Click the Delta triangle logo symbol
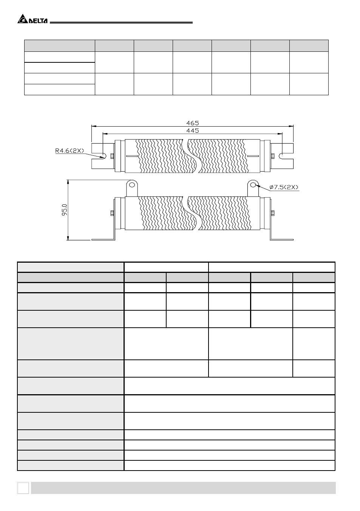[x=22, y=19]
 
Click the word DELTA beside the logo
[x=38, y=21]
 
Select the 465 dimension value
[x=193, y=123]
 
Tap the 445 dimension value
[x=193, y=130]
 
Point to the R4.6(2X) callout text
[x=70, y=150]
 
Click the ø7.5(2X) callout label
[x=284, y=187]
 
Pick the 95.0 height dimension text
[x=65, y=210]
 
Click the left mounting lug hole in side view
[x=132, y=184]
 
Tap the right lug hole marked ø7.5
[x=253, y=184]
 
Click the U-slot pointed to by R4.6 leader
[x=104, y=156]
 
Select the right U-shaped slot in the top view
[x=281, y=156]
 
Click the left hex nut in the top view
[x=112, y=156]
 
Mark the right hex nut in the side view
[x=273, y=213]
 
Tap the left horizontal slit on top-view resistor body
[x=132, y=156]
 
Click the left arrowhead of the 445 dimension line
[x=105, y=133]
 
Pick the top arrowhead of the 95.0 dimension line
[x=68, y=182]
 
